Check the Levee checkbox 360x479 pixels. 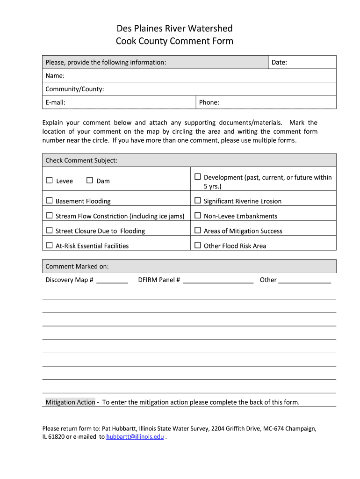[50, 181]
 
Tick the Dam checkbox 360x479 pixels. [90, 181]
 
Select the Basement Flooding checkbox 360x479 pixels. [50, 201]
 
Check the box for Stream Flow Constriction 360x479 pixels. [50, 216]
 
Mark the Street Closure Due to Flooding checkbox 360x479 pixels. [50, 231]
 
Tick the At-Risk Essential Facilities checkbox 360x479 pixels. [50, 245]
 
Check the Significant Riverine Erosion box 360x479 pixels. [198, 201]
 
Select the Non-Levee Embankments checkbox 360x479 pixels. [198, 216]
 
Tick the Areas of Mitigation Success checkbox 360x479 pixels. [198, 230]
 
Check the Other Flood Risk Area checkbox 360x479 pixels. [198, 245]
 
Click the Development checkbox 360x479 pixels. [198, 177]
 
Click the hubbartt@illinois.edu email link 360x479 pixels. [135, 437]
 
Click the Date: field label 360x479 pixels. [279, 62]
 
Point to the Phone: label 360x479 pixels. [209, 102]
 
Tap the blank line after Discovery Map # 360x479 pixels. [112, 281]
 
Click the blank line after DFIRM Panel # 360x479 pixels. [218, 281]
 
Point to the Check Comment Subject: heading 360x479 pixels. [81, 160]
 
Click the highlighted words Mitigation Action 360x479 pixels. [70, 402]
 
